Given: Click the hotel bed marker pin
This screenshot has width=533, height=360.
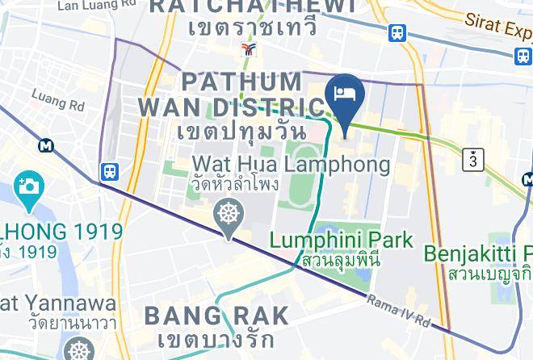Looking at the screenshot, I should [345, 95].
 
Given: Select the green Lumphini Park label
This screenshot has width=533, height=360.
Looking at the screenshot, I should [341, 240].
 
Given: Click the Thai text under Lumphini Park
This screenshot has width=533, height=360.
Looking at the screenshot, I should [340, 261].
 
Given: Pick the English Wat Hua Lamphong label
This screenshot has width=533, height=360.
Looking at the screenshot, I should [291, 165].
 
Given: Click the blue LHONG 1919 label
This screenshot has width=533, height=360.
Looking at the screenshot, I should [61, 233].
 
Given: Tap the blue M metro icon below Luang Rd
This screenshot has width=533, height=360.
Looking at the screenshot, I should [46, 145].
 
